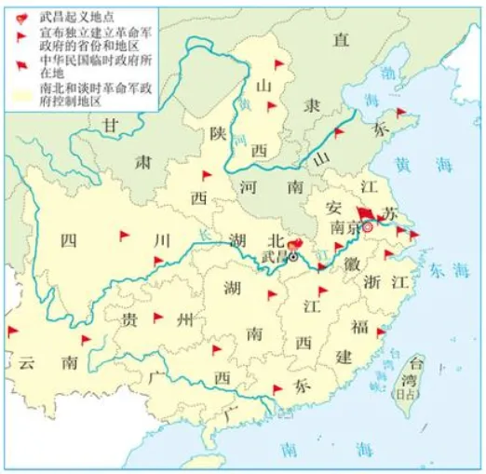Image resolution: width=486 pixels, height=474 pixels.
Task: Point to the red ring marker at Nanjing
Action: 367,226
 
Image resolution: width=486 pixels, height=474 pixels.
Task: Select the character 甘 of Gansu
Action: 111,125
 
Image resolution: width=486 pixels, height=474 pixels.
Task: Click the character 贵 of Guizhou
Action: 129,319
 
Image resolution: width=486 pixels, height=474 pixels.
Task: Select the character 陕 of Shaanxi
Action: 218,132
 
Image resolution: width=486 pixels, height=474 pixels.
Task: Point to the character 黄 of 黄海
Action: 402,165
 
